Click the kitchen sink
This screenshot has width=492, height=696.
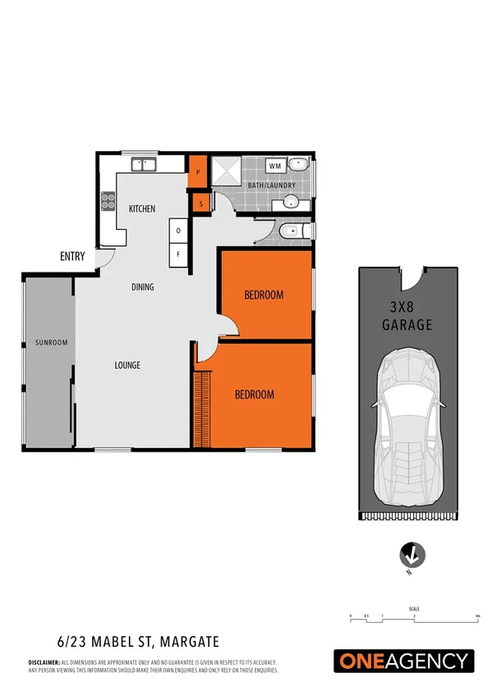145,164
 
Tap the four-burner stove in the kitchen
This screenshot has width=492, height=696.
108,200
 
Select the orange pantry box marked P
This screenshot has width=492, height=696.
197,172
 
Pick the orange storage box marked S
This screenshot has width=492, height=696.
200,202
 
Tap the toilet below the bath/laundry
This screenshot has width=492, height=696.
291,232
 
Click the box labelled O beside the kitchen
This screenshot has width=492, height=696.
178,231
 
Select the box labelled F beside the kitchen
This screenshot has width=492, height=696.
178,254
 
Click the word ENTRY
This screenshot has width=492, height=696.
72,256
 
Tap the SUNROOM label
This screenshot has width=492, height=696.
50,342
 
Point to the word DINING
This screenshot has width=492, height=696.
143,287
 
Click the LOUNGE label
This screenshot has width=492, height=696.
127,365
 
